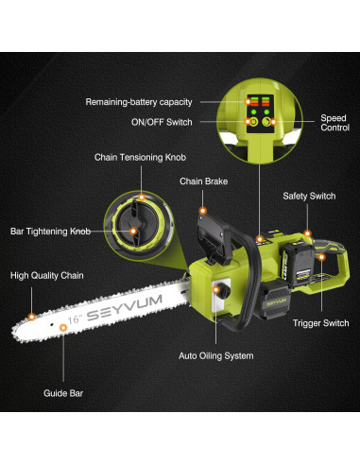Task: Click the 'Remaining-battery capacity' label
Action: pyautogui.click(x=139, y=102)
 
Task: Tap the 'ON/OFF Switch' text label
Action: pyautogui.click(x=162, y=122)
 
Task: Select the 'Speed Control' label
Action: pyautogui.click(x=334, y=123)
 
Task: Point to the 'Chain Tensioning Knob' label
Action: pyautogui.click(x=140, y=157)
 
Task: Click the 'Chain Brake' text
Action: pyautogui.click(x=203, y=181)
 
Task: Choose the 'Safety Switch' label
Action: pyautogui.click(x=309, y=196)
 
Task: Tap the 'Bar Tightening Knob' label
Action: pyautogui.click(x=50, y=232)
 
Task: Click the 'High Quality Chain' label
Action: pyautogui.click(x=47, y=276)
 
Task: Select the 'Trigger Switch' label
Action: pyautogui.click(x=320, y=323)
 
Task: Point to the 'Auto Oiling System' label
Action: pyautogui.click(x=215, y=356)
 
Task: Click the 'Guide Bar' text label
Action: pyautogui.click(x=63, y=393)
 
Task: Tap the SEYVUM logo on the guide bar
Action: pyautogui.click(x=124, y=307)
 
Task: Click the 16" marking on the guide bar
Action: pyautogui.click(x=75, y=319)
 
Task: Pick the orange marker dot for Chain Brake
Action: pyautogui.click(x=203, y=211)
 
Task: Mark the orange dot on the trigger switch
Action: pyautogui.click(x=321, y=257)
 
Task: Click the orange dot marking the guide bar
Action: pyautogui.click(x=63, y=328)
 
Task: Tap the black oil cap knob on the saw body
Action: pyautogui.click(x=222, y=290)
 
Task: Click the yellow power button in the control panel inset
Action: pyautogui.click(x=253, y=122)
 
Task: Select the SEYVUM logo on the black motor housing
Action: pyautogui.click(x=276, y=302)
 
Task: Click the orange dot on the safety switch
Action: pyautogui.click(x=307, y=233)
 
